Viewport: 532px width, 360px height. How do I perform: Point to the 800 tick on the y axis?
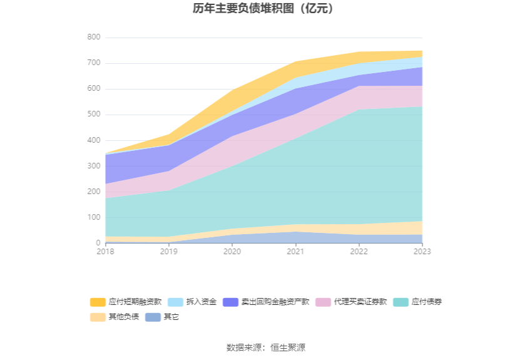tap(94, 38)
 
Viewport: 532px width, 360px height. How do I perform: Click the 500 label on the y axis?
tap(94, 115)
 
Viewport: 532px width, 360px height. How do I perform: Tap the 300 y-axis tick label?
tap(94, 166)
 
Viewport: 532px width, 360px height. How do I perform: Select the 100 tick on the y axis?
tap(94, 217)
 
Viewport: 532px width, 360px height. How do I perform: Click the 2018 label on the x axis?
tap(106, 251)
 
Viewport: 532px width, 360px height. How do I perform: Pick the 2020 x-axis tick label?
tap(232, 251)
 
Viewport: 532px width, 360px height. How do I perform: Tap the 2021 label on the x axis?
tap(295, 251)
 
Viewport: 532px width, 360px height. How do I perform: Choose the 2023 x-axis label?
tap(422, 251)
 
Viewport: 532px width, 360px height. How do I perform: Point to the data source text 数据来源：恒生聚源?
tap(265, 347)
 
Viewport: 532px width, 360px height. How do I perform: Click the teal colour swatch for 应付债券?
tap(401, 302)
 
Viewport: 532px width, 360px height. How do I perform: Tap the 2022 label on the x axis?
tap(359, 251)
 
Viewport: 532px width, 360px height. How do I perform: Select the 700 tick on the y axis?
tap(94, 63)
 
